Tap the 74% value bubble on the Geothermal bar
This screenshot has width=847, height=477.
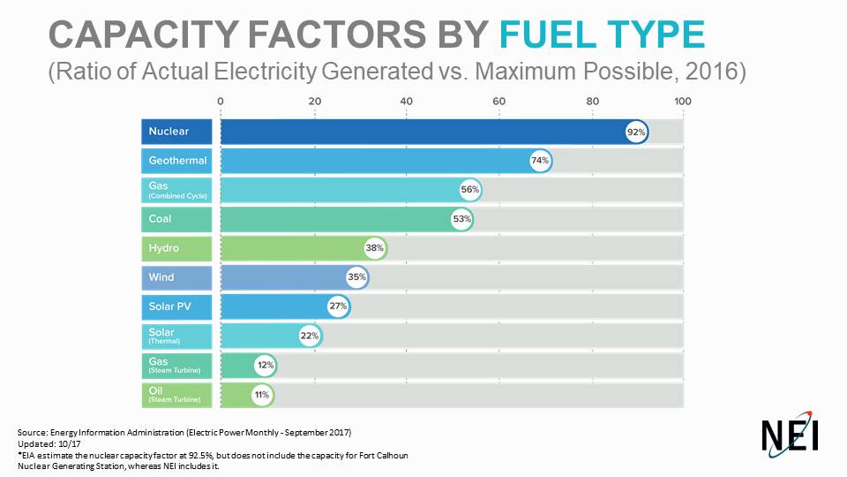tap(540, 161)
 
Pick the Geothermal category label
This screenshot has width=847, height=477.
tap(177, 161)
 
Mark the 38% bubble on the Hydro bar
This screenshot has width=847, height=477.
tap(375, 248)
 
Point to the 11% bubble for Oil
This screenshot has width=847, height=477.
tap(262, 394)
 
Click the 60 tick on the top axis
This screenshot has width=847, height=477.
tap(498, 101)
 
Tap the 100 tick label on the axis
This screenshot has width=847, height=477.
tap(682, 101)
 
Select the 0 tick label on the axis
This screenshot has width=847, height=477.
tap(221, 101)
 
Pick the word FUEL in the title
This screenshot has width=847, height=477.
tap(551, 34)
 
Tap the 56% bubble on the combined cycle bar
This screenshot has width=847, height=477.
tap(469, 190)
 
